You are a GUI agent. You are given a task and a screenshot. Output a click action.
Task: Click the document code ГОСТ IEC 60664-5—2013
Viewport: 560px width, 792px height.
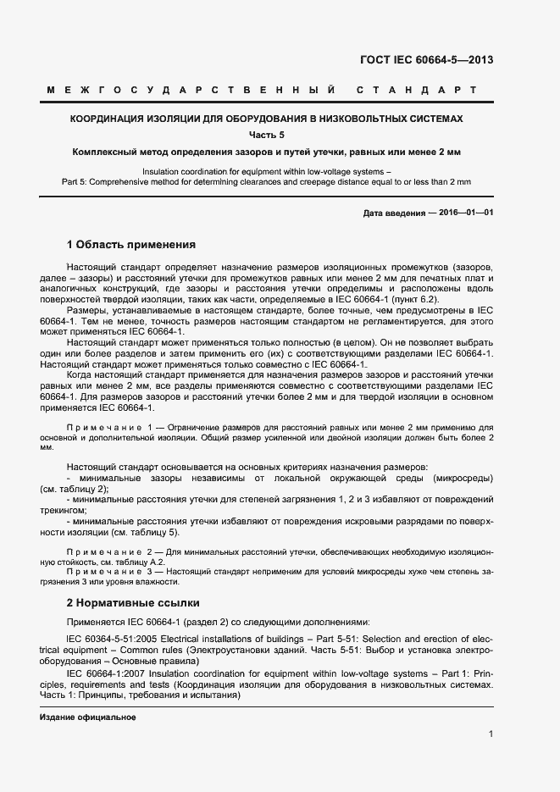(x=428, y=60)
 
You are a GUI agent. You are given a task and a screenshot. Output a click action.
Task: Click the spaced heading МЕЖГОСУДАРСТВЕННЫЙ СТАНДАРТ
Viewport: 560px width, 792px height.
(x=262, y=90)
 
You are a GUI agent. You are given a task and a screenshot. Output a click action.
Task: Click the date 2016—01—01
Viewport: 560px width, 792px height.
(x=466, y=213)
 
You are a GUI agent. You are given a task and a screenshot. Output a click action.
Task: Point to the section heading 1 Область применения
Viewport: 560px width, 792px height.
(x=131, y=245)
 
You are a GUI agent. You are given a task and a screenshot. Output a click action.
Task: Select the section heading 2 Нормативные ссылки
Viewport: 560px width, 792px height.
(x=133, y=603)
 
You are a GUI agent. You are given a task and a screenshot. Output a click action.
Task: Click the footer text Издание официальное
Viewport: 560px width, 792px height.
(x=88, y=717)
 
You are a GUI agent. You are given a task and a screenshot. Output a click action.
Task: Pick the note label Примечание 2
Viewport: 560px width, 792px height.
(x=110, y=552)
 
